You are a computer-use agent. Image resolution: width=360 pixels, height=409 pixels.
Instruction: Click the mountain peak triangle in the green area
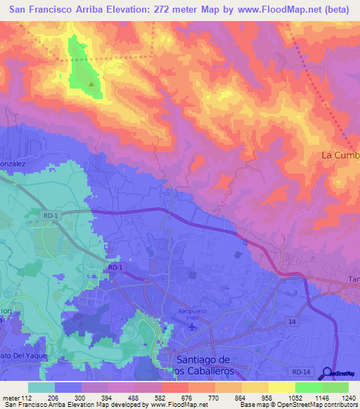point(92,84)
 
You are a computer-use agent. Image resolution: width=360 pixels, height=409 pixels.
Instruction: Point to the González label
point(12,163)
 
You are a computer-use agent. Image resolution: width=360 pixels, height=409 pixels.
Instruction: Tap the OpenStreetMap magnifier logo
point(327,374)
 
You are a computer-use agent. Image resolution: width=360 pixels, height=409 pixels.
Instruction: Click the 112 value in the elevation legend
point(28,397)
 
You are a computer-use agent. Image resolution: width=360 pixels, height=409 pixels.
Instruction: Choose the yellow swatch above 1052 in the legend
point(282,387)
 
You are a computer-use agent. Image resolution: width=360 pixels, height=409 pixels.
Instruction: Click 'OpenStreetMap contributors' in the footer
point(323,404)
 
